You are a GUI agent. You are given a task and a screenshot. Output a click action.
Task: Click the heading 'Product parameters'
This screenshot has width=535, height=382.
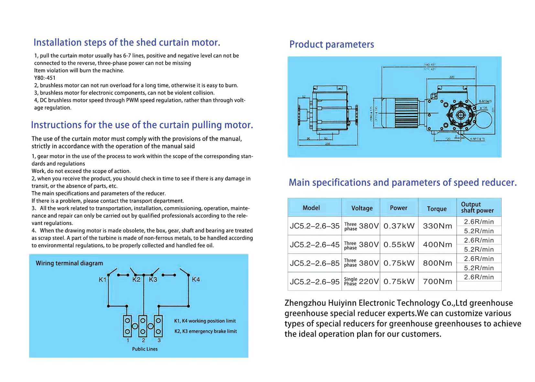point(331,44)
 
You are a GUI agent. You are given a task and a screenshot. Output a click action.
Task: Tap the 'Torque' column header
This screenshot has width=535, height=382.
point(436,209)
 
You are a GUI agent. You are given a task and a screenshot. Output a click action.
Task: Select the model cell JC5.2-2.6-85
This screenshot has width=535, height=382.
point(314,263)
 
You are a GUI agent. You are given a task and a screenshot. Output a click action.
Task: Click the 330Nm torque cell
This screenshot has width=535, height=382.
point(437,226)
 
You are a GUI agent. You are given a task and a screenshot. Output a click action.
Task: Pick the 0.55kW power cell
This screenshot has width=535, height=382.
point(399,245)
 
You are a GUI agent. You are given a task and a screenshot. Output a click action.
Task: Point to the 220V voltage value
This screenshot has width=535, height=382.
point(368,281)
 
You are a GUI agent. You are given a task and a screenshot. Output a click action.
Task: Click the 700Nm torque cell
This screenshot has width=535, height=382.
point(437,281)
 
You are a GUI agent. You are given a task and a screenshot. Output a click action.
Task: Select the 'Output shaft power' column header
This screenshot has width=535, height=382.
point(477,207)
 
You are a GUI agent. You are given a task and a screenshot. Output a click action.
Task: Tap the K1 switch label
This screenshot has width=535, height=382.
point(102,280)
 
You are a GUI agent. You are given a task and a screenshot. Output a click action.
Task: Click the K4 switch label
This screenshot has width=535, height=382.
point(196,279)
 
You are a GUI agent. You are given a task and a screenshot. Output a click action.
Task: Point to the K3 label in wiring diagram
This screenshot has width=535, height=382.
point(153,279)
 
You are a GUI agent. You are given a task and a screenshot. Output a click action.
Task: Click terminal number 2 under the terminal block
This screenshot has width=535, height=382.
point(143,340)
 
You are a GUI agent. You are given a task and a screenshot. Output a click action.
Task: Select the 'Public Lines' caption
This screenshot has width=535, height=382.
point(145,349)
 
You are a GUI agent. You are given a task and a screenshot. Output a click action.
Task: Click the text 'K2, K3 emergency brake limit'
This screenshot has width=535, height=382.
point(205,331)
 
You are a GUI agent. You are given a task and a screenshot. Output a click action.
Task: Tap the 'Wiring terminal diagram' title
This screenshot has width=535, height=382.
point(69,263)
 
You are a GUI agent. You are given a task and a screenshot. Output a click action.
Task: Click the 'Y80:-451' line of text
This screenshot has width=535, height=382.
point(45,78)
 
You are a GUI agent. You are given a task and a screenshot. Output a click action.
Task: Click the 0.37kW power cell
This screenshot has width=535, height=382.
point(399,226)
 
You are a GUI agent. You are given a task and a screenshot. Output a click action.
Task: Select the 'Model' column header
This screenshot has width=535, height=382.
point(311,208)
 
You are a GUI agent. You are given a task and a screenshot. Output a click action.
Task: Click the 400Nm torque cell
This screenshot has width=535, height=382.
point(437,245)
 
